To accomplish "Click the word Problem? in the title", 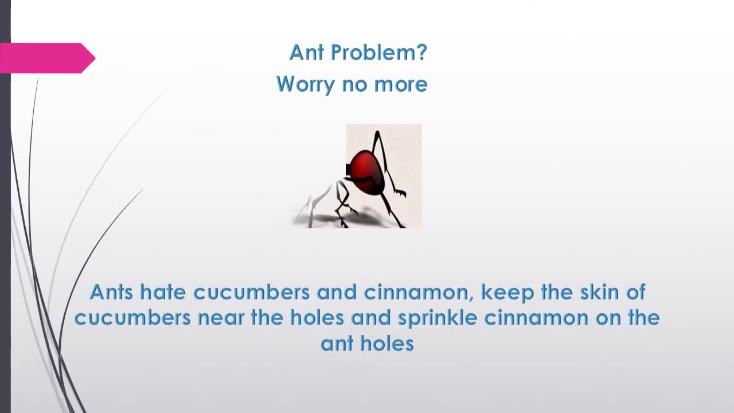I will (379, 53).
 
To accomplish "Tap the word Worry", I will (305, 84).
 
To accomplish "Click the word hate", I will (163, 292).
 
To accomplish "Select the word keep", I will (505, 293).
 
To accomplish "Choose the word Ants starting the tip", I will (111, 292).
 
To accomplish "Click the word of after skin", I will (635, 292).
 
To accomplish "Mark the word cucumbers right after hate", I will (251, 293).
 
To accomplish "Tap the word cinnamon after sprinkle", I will (536, 318).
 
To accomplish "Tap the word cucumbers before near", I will (132, 318).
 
